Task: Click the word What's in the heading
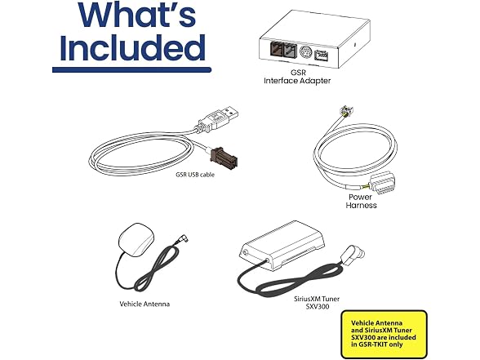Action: (137, 15)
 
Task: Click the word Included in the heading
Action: (132, 47)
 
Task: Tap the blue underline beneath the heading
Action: (131, 70)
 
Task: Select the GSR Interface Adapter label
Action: (297, 77)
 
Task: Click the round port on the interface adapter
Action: (305, 51)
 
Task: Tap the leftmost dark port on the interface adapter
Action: (276, 50)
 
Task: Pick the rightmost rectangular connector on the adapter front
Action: (321, 56)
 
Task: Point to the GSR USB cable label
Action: (195, 175)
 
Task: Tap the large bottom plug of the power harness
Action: (381, 183)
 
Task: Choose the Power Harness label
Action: (361, 201)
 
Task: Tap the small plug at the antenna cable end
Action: (182, 238)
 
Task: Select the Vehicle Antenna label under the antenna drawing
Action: (144, 304)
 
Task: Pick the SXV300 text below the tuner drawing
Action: (318, 306)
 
